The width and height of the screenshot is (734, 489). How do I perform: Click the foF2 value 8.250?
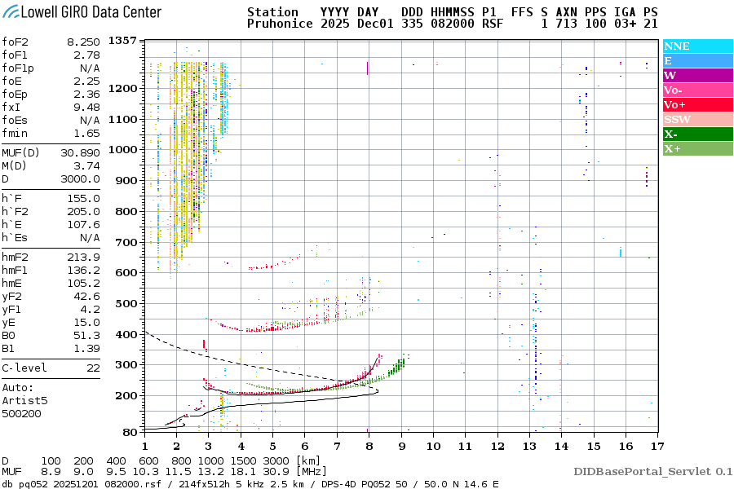(x=83, y=40)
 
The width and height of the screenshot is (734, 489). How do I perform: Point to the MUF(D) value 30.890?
(x=80, y=152)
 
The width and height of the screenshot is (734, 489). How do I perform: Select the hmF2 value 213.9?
(x=85, y=257)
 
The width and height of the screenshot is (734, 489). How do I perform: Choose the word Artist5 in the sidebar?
(x=24, y=401)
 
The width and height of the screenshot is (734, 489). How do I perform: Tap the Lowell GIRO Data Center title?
(x=81, y=11)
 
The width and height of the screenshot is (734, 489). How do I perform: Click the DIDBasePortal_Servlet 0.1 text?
(x=652, y=471)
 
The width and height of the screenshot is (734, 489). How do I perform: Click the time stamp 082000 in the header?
(x=456, y=24)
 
